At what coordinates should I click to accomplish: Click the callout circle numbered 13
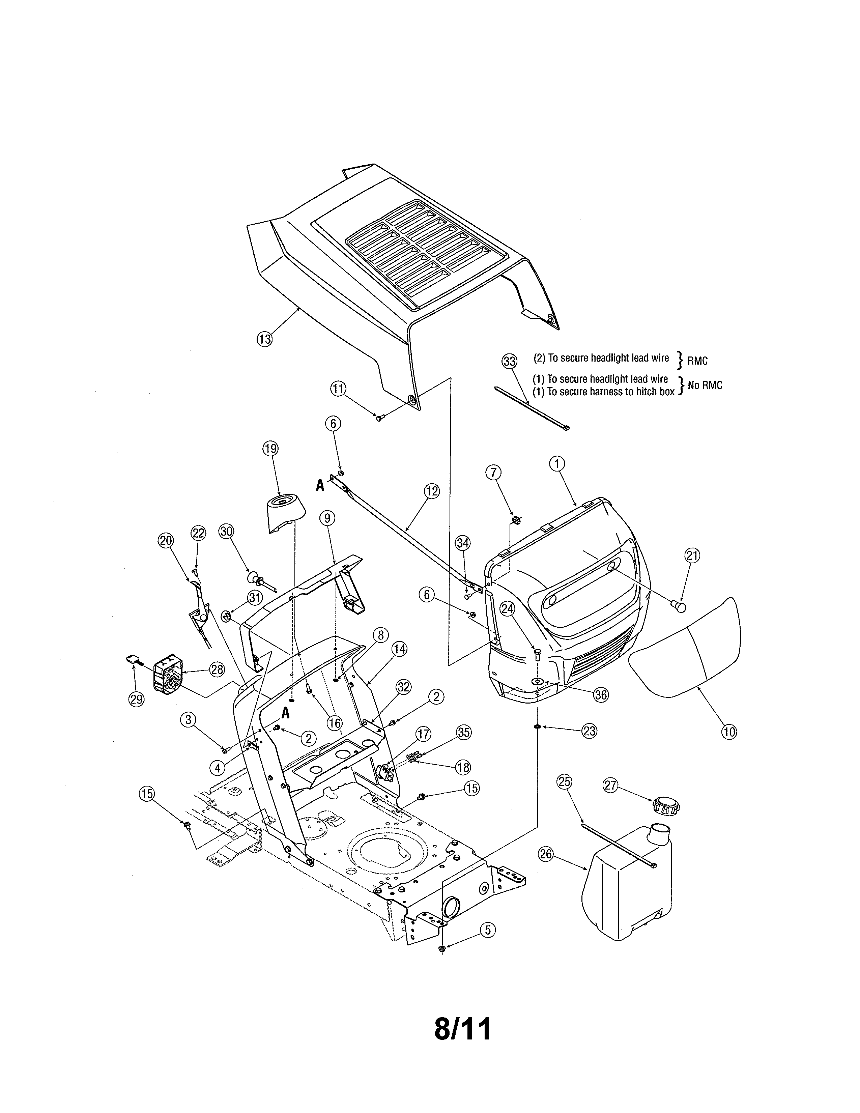coord(264,339)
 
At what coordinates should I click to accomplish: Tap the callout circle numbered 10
coord(729,732)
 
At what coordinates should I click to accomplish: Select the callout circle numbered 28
coord(217,669)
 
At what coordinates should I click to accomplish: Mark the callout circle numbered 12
coord(432,491)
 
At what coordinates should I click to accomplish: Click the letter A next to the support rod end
coord(320,486)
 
